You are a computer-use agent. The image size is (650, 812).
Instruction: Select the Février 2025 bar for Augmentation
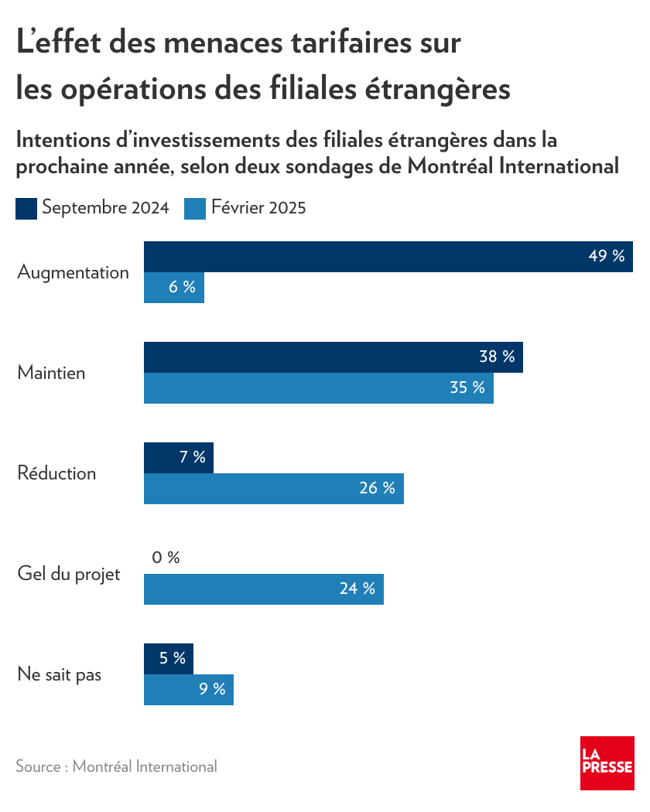(174, 288)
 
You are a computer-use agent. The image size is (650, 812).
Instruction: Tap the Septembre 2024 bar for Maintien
(334, 357)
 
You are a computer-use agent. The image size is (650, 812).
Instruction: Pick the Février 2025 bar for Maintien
(319, 388)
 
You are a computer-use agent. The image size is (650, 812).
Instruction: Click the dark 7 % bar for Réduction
(179, 458)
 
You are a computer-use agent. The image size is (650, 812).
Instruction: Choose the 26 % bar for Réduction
(274, 489)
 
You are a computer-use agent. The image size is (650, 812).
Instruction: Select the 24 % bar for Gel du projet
(264, 589)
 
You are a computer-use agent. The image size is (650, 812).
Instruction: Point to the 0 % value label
(166, 558)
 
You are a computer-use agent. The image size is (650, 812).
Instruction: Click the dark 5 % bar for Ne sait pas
(169, 659)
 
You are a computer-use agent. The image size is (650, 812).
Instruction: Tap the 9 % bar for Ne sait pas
(189, 690)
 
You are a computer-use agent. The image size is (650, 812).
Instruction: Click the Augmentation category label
(73, 272)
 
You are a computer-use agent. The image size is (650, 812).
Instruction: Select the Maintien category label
(51, 373)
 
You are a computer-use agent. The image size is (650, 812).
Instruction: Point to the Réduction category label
(56, 473)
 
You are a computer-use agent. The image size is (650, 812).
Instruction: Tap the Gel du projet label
(68, 575)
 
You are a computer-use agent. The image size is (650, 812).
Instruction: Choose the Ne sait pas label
(59, 674)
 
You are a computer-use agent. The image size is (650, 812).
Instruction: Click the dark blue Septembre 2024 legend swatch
(26, 209)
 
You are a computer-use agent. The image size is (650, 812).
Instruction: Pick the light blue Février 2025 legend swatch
(195, 209)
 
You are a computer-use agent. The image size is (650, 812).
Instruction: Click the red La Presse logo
(607, 763)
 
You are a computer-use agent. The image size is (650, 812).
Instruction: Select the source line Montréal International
(116, 766)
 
